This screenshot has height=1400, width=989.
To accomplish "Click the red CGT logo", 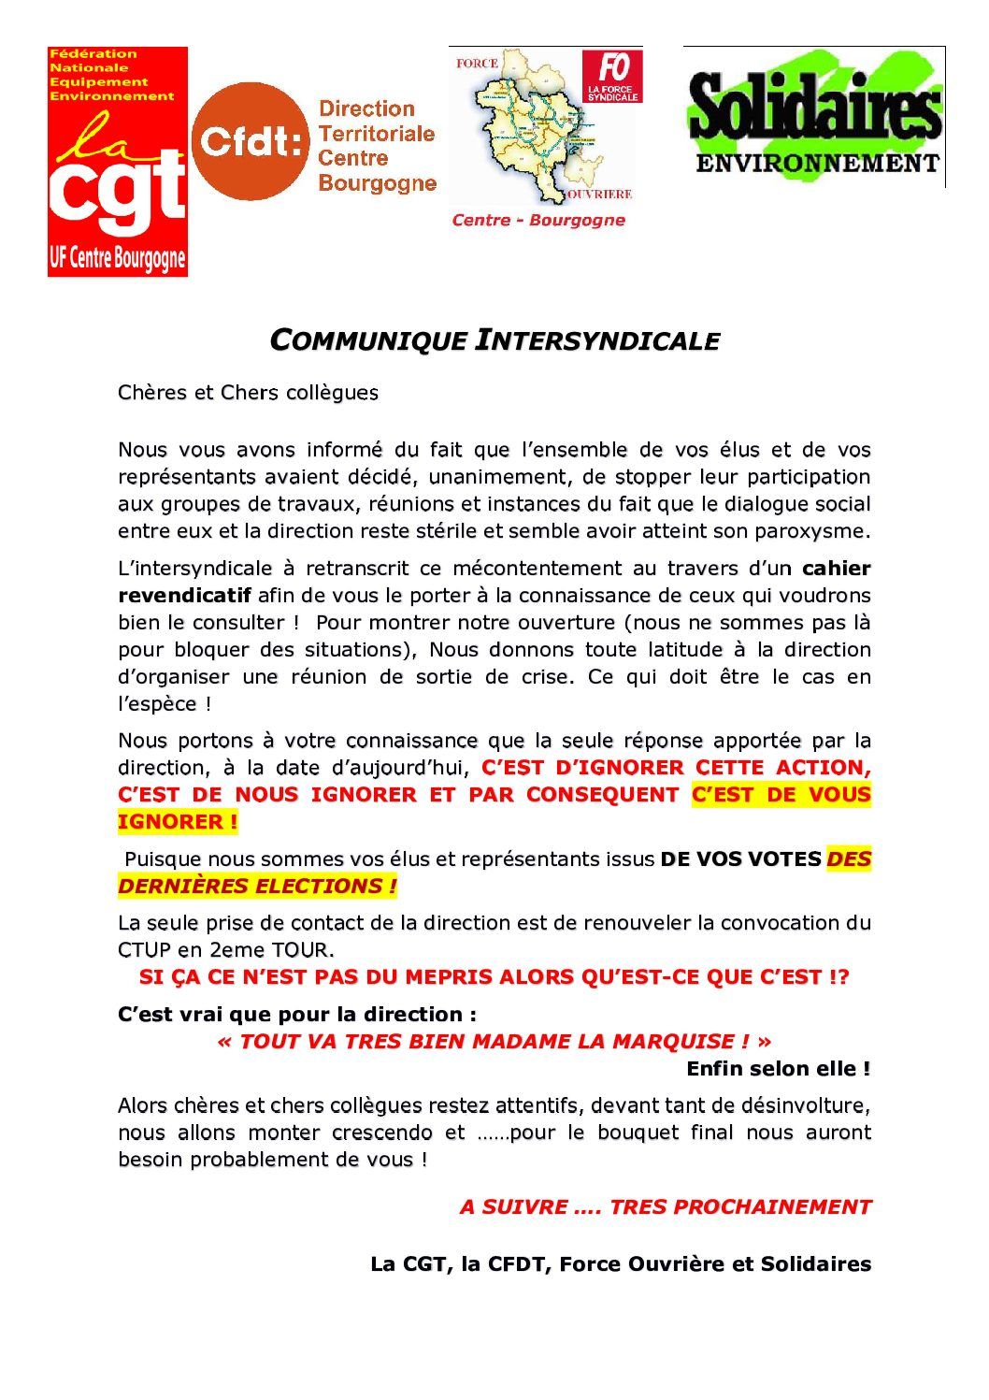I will click(118, 162).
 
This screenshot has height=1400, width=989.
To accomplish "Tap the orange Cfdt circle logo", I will click(251, 141).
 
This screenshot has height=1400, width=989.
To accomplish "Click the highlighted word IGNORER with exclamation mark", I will click(178, 823).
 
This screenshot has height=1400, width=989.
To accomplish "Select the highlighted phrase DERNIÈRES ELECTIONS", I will click(257, 887).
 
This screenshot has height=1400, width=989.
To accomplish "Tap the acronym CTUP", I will click(145, 951).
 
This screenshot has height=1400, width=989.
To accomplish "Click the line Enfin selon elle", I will click(778, 1069).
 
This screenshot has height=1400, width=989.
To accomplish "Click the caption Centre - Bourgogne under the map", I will click(538, 221).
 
